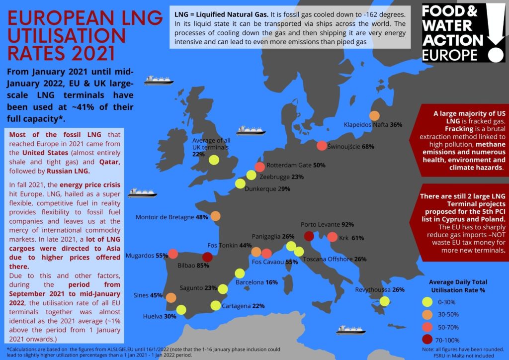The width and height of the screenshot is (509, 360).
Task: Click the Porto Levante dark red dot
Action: point(309,236)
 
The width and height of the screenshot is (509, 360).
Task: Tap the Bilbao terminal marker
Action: point(208,257)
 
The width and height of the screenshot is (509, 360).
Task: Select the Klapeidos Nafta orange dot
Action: point(375,116)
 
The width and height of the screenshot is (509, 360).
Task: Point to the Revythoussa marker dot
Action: point(384,301)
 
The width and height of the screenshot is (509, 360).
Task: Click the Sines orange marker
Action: point(170,298)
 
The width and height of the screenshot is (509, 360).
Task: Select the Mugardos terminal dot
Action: point(173,254)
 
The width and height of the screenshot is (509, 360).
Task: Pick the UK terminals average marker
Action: point(214,160)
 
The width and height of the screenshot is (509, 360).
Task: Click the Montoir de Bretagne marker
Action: point(215,216)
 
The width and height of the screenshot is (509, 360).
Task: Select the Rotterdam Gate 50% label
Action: point(296,165)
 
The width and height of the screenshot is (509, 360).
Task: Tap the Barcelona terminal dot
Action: point(240,273)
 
